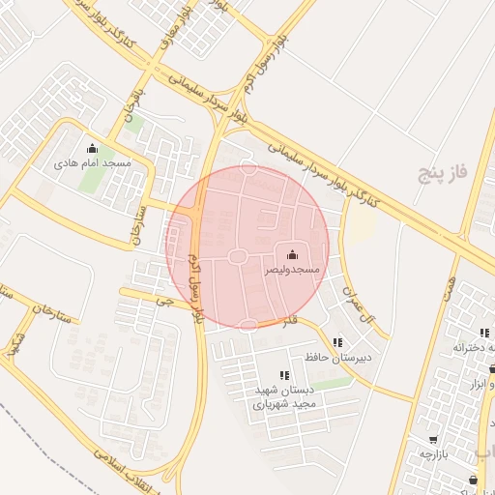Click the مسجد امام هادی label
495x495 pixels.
93,164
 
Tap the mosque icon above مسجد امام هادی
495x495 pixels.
93,149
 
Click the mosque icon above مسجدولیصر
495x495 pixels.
293,252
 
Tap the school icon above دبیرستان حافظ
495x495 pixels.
336,342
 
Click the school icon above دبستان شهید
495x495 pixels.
284,375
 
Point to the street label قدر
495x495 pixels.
290,320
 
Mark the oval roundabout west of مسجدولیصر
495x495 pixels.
235,256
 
